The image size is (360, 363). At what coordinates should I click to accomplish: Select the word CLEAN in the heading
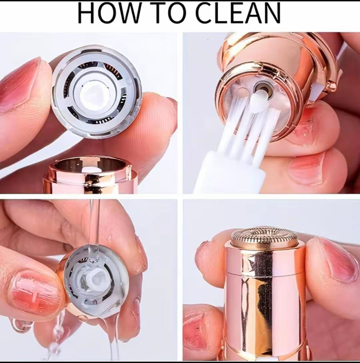click(x=238, y=13)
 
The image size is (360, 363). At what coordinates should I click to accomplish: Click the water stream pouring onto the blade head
click(x=94, y=225)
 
